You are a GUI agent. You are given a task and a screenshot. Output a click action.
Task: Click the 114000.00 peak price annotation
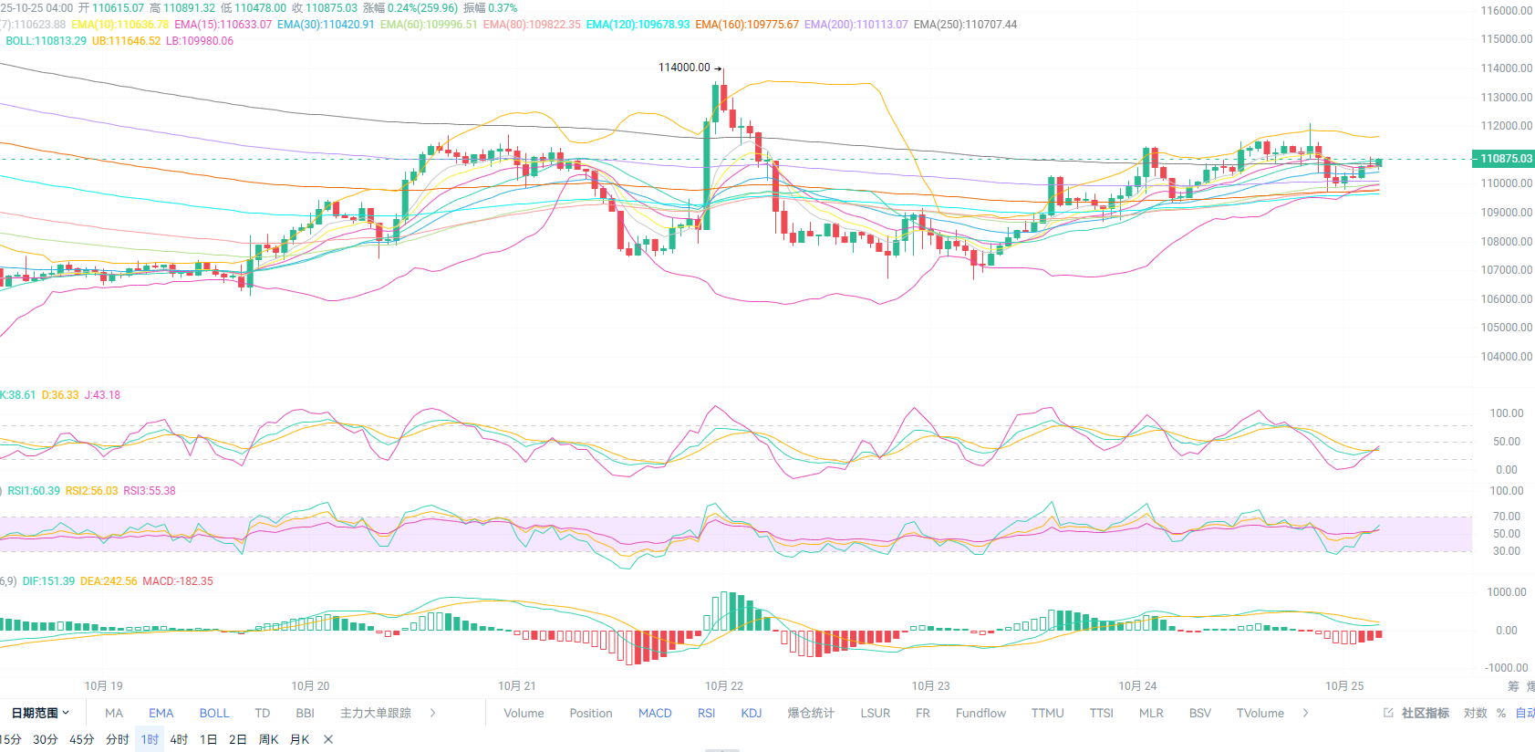pos(684,68)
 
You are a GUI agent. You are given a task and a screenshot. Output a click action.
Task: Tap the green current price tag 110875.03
pos(1505,159)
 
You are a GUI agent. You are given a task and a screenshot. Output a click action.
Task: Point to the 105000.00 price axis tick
pos(1506,328)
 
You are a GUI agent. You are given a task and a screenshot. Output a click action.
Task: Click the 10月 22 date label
pos(723,685)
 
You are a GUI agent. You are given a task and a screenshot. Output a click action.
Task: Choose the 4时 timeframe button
pos(179,739)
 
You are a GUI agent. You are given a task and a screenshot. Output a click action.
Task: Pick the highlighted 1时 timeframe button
pos(150,739)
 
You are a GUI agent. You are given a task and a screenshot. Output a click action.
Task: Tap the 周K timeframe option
pos(268,739)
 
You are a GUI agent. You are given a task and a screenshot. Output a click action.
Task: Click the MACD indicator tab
pos(655,713)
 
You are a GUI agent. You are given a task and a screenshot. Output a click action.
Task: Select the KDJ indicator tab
pos(751,713)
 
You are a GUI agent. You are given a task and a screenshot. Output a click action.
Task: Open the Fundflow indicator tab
pos(980,713)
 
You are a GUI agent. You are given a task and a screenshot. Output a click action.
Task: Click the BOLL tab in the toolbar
pos(214,713)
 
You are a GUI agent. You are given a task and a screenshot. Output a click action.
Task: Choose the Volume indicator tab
pos(524,713)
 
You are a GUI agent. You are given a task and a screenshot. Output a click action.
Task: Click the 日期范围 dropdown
pos(40,713)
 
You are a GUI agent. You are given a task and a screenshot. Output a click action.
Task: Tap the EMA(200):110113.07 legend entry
pos(856,25)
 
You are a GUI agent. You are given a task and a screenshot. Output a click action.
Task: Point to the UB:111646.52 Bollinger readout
pos(126,41)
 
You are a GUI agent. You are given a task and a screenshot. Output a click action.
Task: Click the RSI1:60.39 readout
pos(34,491)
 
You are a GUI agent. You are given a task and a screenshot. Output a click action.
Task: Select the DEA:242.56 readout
pos(109,581)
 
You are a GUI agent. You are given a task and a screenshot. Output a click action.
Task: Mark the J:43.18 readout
pos(102,395)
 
